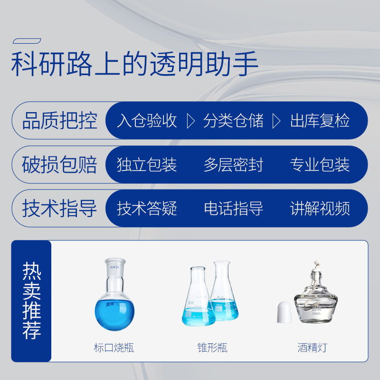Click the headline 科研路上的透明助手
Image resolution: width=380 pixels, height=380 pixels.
134,64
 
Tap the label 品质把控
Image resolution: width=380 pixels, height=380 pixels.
60,121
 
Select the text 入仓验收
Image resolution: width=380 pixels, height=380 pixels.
147,121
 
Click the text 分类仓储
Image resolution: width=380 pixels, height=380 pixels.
233,121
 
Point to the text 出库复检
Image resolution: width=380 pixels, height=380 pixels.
320,121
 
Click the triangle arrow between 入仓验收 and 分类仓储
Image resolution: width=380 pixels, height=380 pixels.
191,121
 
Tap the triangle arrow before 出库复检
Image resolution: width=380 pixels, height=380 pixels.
276,121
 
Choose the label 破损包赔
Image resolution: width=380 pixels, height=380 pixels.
60,164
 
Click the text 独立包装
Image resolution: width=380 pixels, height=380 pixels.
147,164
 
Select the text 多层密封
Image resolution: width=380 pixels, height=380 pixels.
233,164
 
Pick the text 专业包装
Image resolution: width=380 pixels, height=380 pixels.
320,164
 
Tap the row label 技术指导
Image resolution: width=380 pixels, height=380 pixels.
60,208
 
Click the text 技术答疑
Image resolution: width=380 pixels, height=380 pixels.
147,208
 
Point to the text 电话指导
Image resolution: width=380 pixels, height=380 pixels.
233,208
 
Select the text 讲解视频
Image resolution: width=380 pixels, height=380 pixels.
320,208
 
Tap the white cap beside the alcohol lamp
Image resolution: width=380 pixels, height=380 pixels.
284,312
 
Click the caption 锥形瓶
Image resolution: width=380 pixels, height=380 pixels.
212,348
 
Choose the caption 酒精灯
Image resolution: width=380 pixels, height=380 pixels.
313,348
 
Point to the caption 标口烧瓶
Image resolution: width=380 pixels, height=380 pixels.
114,348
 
